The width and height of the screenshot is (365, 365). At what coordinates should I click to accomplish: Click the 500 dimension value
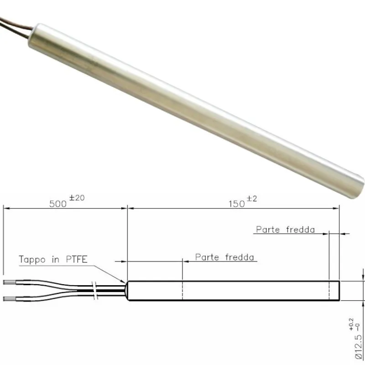pos(58,204)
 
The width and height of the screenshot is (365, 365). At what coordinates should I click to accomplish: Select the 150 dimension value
pos(237,204)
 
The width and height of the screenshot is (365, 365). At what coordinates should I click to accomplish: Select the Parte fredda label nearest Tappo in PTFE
pos(224,257)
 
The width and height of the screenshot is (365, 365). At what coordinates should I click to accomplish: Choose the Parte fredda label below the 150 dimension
pos(285,229)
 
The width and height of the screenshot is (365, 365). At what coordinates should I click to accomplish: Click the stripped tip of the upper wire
pos(9,283)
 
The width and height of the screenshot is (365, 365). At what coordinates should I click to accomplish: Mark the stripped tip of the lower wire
pos(9,298)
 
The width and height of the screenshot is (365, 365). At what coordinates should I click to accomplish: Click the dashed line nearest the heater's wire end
pos(182,291)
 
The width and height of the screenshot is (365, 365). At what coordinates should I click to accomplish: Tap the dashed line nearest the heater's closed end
pos(329,291)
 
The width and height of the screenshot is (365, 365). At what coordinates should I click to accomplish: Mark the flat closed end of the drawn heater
pos(339,291)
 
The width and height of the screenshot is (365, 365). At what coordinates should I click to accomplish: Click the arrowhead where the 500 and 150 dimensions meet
pos(127,209)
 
